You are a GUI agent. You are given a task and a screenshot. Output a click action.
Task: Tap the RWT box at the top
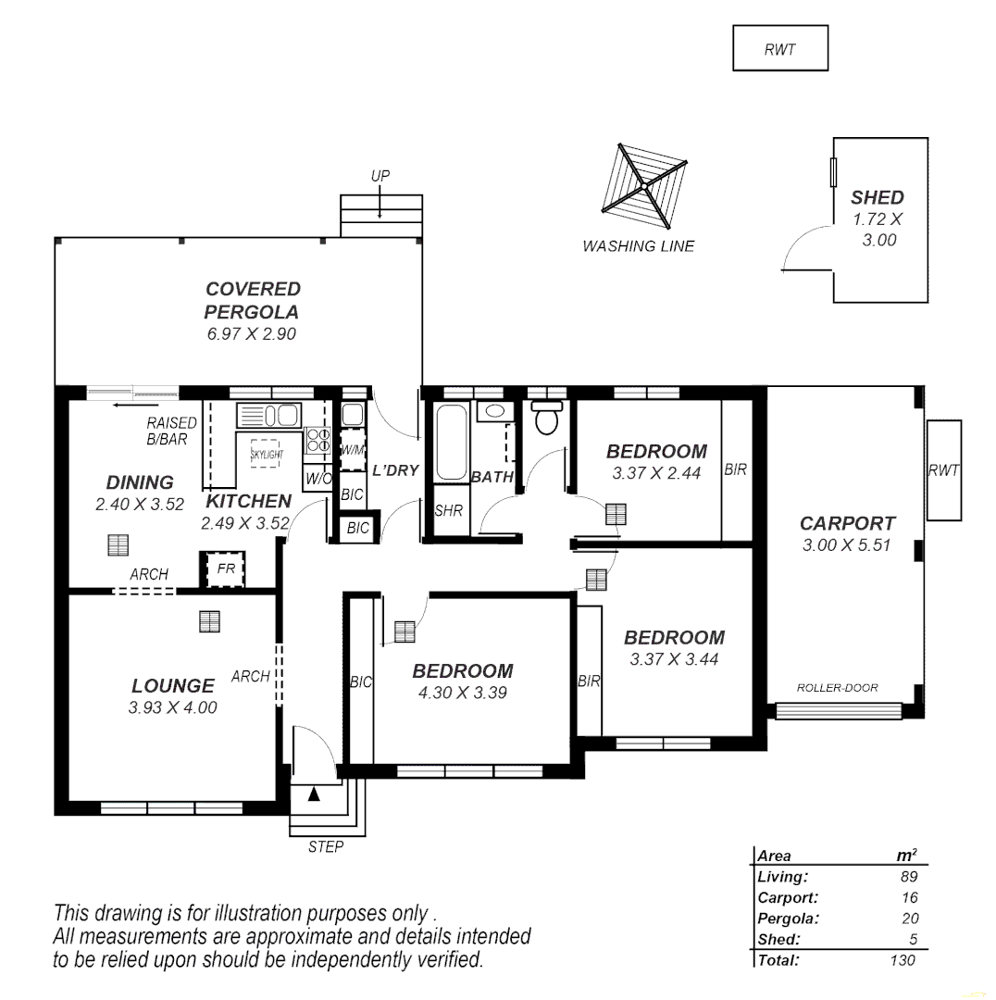pyautogui.click(x=780, y=49)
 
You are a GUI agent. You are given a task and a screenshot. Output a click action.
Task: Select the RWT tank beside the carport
pyautogui.click(x=943, y=469)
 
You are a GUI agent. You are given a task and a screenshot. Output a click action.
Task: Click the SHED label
pyautogui.click(x=877, y=197)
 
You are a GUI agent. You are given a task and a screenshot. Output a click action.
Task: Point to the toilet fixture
pyautogui.click(x=548, y=418)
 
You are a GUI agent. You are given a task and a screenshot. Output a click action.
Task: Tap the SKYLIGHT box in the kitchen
pyautogui.click(x=268, y=454)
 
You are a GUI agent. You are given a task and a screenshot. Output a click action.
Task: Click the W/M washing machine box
pyautogui.click(x=353, y=450)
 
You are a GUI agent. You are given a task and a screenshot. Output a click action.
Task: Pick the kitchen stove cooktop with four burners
pyautogui.click(x=318, y=440)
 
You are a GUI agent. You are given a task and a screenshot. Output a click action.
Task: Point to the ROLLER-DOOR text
pyautogui.click(x=837, y=688)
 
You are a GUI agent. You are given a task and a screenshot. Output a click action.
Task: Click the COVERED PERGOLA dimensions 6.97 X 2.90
pyautogui.click(x=252, y=334)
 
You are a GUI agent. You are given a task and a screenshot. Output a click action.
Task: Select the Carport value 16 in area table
pyautogui.click(x=909, y=897)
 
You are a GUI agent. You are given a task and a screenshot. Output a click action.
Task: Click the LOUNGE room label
pyautogui.click(x=172, y=686)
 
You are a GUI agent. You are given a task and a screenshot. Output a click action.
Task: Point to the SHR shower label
pyautogui.click(x=449, y=510)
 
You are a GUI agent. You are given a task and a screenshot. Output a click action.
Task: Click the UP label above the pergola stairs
pyautogui.click(x=380, y=176)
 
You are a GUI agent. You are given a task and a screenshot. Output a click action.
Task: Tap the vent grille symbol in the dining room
pyautogui.click(x=118, y=545)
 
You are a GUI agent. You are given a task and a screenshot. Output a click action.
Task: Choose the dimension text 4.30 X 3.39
pyautogui.click(x=462, y=693)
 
